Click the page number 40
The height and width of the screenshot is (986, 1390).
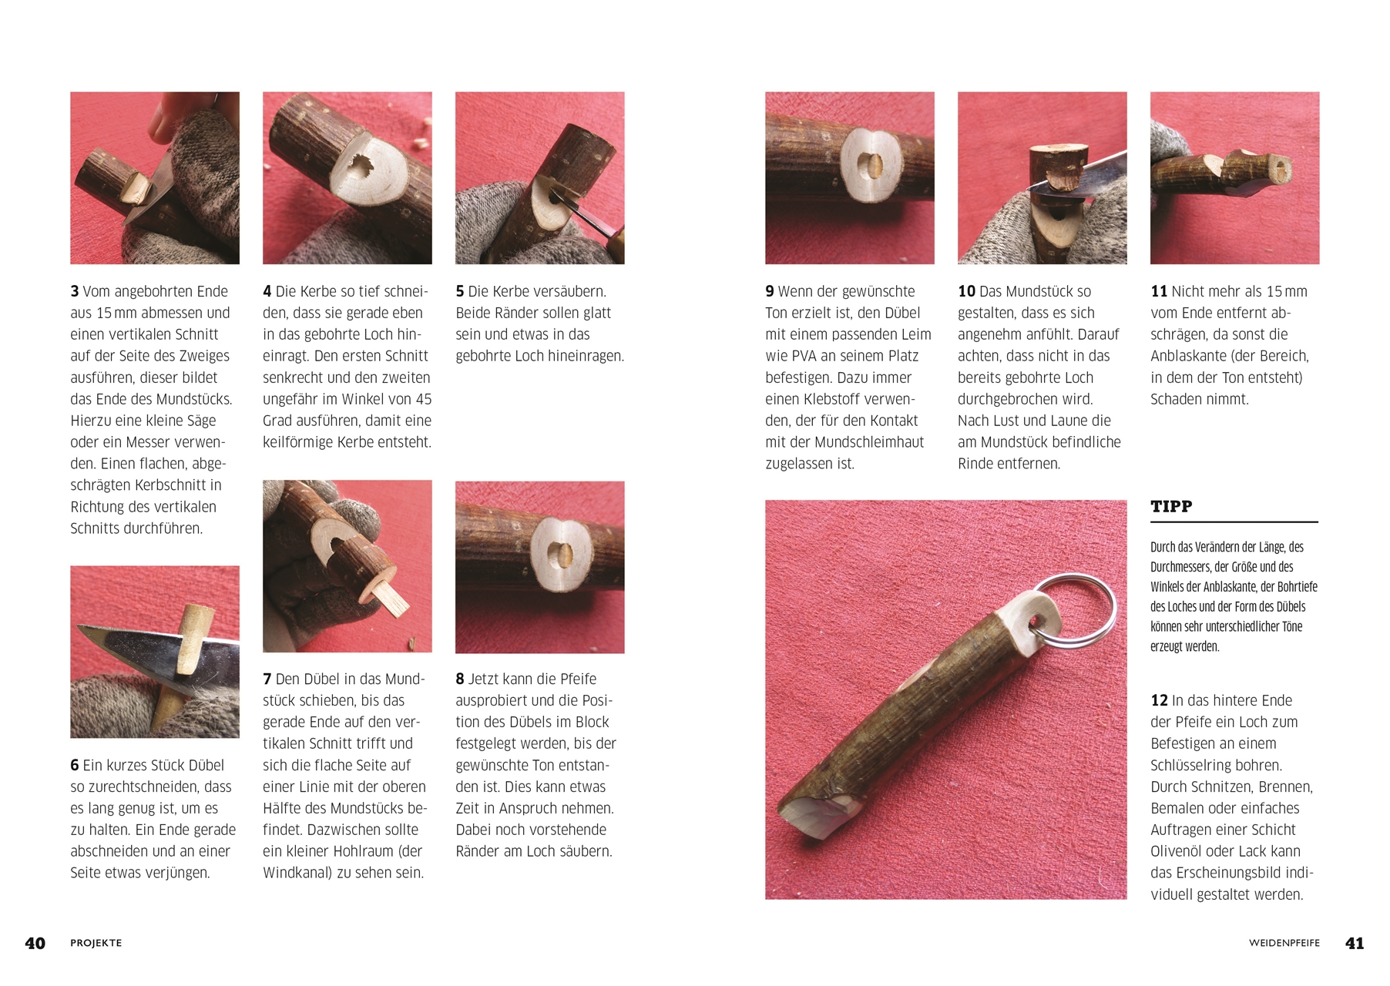[35, 943]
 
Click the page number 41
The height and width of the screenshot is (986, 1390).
[1355, 943]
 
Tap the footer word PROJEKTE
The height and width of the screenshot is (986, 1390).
[96, 943]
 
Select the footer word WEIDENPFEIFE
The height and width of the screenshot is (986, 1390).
[1284, 943]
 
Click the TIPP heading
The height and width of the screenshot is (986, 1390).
[1171, 507]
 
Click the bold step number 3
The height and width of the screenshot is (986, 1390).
[75, 292]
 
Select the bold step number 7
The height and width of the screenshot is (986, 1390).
[267, 679]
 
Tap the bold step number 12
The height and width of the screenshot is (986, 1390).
[1159, 701]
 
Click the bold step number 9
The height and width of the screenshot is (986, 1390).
[770, 292]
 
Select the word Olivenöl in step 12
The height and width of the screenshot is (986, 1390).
[1183, 852]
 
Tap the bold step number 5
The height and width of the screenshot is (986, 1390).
[460, 292]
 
